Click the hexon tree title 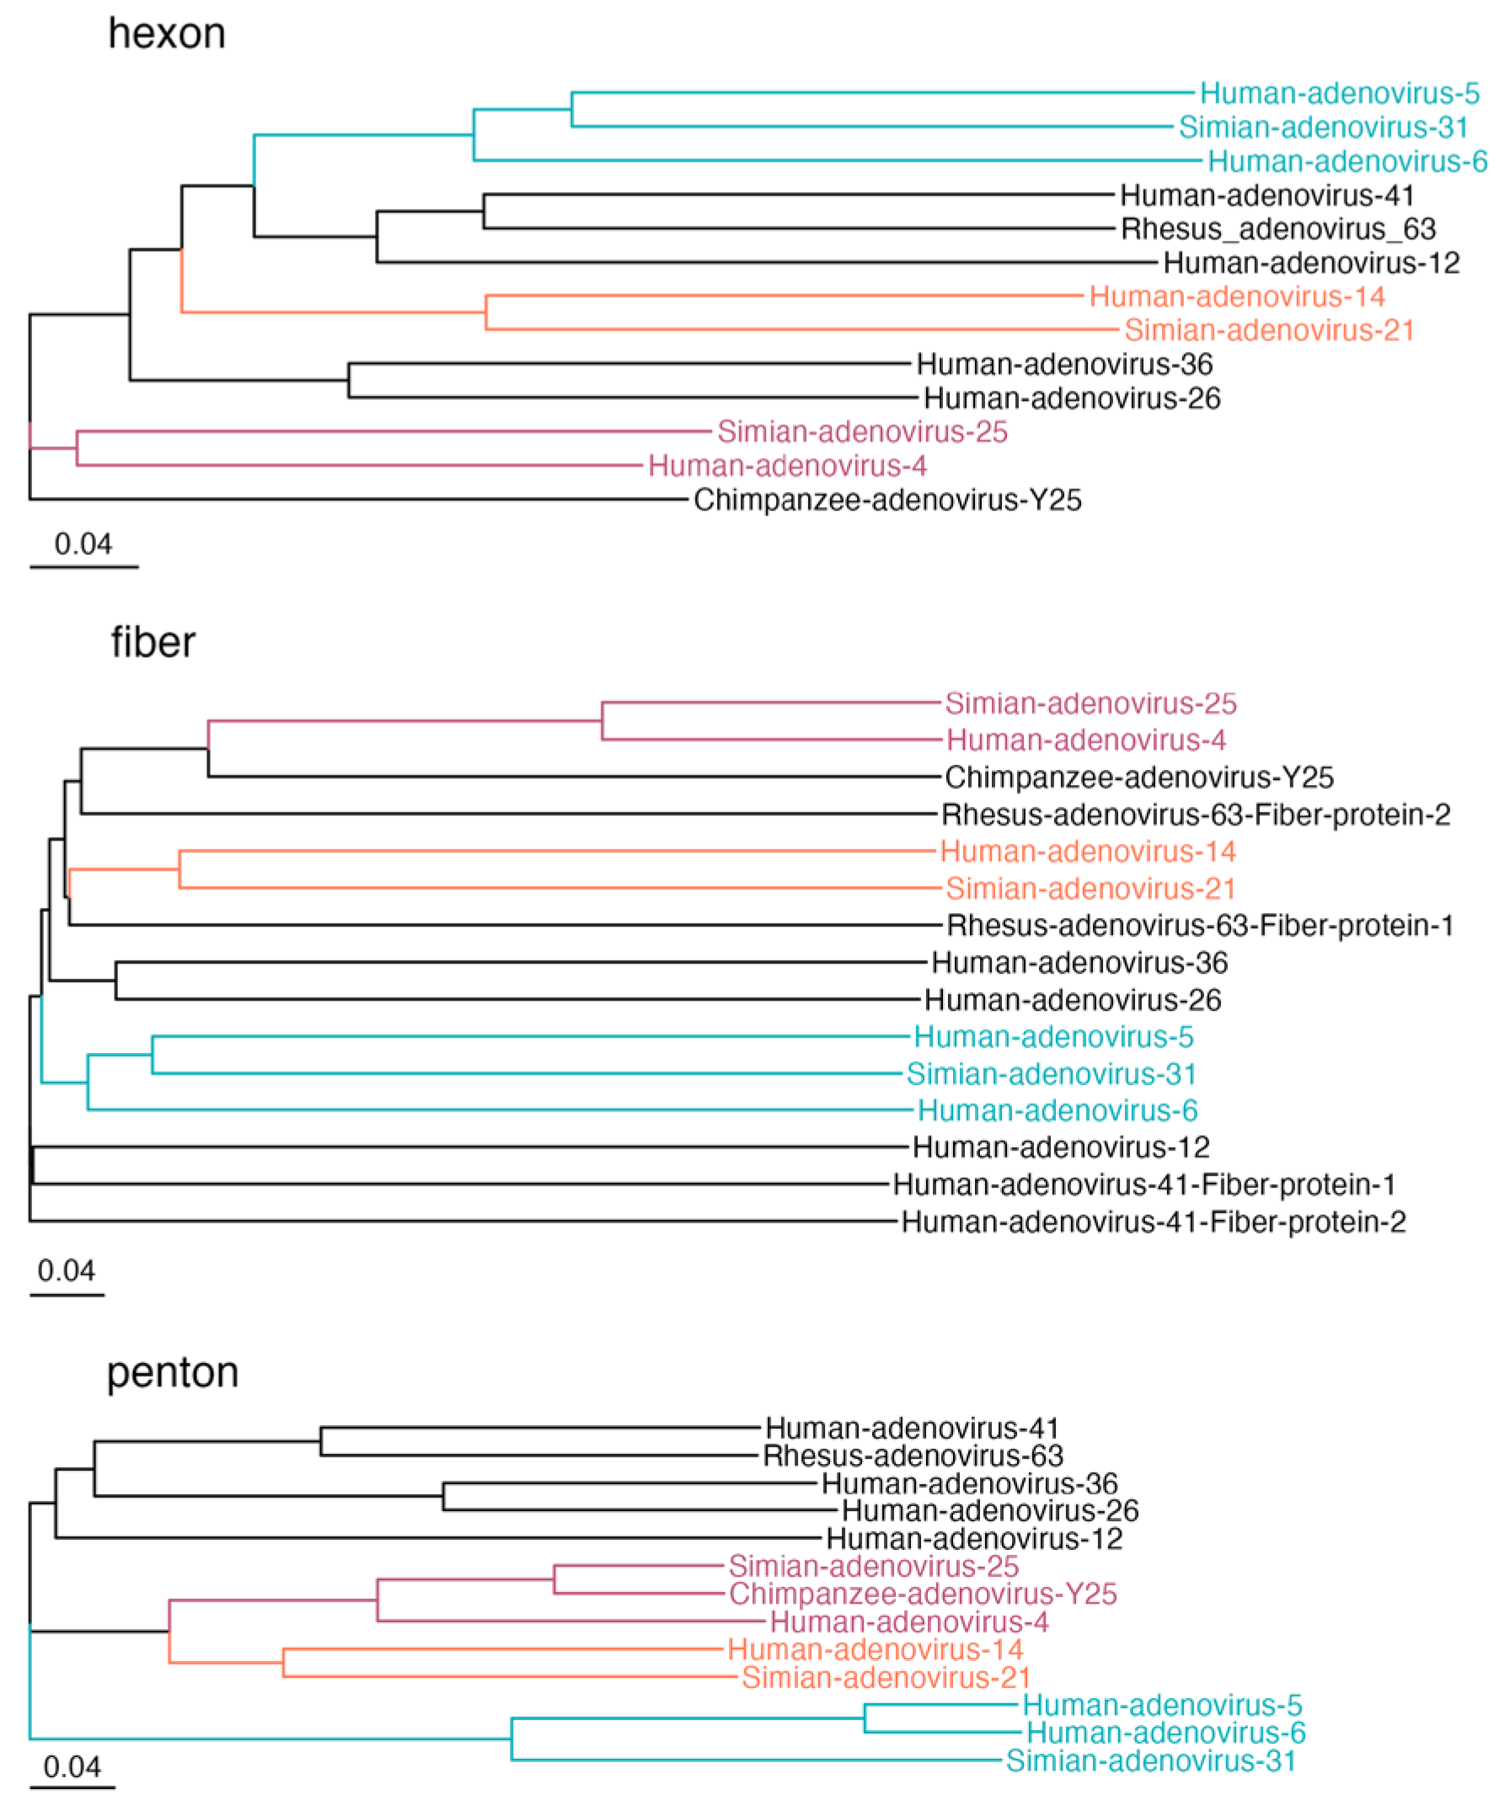166,35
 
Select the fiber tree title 153,642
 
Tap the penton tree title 173,1372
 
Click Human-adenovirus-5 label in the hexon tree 1340,93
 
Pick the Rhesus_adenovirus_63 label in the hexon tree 1277,229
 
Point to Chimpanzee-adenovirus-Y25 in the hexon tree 887,499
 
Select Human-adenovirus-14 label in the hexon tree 1236,296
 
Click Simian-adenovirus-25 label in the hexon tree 862,432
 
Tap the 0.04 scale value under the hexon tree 83,543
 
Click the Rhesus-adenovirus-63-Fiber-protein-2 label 1196,815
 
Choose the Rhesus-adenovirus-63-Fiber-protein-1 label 1200,926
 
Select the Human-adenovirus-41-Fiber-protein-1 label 1144,1184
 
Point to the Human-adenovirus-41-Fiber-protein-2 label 1154,1221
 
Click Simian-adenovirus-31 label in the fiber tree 1052,1074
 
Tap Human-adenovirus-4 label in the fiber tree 1085,740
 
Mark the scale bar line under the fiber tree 67,1295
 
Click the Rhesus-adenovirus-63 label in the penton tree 913,1455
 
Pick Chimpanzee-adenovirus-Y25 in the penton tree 923,1594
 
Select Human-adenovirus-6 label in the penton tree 1165,1733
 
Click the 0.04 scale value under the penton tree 72,1766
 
